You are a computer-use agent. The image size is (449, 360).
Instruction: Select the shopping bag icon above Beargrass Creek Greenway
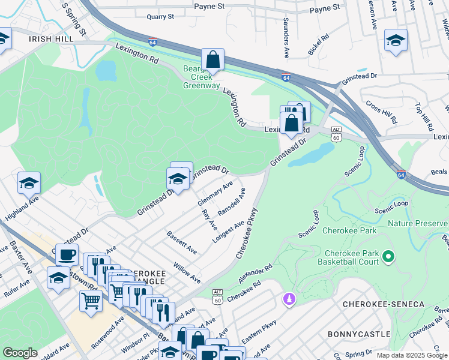[x=212, y=60]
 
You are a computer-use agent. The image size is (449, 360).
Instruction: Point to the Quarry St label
[x=160, y=17]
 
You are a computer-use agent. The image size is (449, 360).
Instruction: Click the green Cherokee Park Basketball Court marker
[x=388, y=257]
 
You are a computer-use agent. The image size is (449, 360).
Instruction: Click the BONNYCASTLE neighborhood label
[x=358, y=333]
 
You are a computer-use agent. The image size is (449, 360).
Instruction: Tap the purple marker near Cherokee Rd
[x=289, y=298]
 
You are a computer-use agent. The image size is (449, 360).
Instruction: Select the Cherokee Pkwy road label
[x=247, y=233]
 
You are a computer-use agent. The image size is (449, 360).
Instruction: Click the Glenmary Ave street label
[x=215, y=194]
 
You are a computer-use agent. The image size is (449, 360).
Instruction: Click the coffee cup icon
[x=67, y=254]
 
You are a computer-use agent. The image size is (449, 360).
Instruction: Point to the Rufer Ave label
[x=20, y=290]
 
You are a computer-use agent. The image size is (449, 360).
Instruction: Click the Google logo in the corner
[x=20, y=353]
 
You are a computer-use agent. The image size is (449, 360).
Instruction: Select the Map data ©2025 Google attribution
[x=411, y=355]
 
